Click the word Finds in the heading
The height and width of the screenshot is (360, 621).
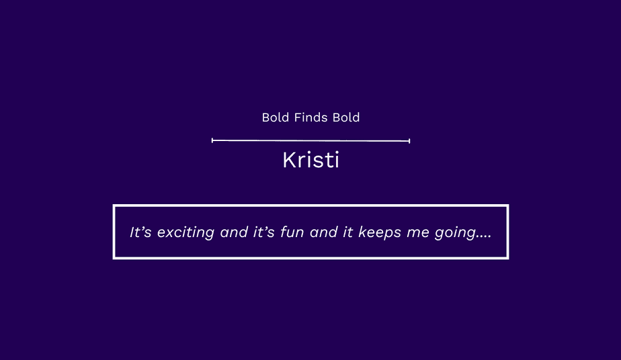(311, 118)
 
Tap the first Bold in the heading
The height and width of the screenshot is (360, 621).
(276, 118)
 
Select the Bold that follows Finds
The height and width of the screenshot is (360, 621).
(346, 118)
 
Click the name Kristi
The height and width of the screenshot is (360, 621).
(311, 160)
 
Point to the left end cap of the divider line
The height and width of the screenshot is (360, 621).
(212, 140)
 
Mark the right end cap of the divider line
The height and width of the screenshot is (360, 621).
(409, 140)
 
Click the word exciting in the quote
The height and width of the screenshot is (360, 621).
(185, 232)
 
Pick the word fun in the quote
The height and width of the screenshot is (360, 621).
(292, 232)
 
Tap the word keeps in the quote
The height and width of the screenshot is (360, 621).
(380, 232)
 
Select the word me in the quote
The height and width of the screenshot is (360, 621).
(418, 234)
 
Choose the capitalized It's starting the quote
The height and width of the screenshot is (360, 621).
(140, 232)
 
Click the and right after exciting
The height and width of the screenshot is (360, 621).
(234, 232)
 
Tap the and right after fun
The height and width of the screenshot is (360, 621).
(323, 232)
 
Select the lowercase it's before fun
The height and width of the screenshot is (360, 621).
(263, 232)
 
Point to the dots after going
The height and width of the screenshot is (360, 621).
(484, 236)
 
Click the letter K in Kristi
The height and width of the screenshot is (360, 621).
(290, 161)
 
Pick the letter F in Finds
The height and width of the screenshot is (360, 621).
(298, 118)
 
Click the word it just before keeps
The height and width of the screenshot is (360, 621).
(347, 232)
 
